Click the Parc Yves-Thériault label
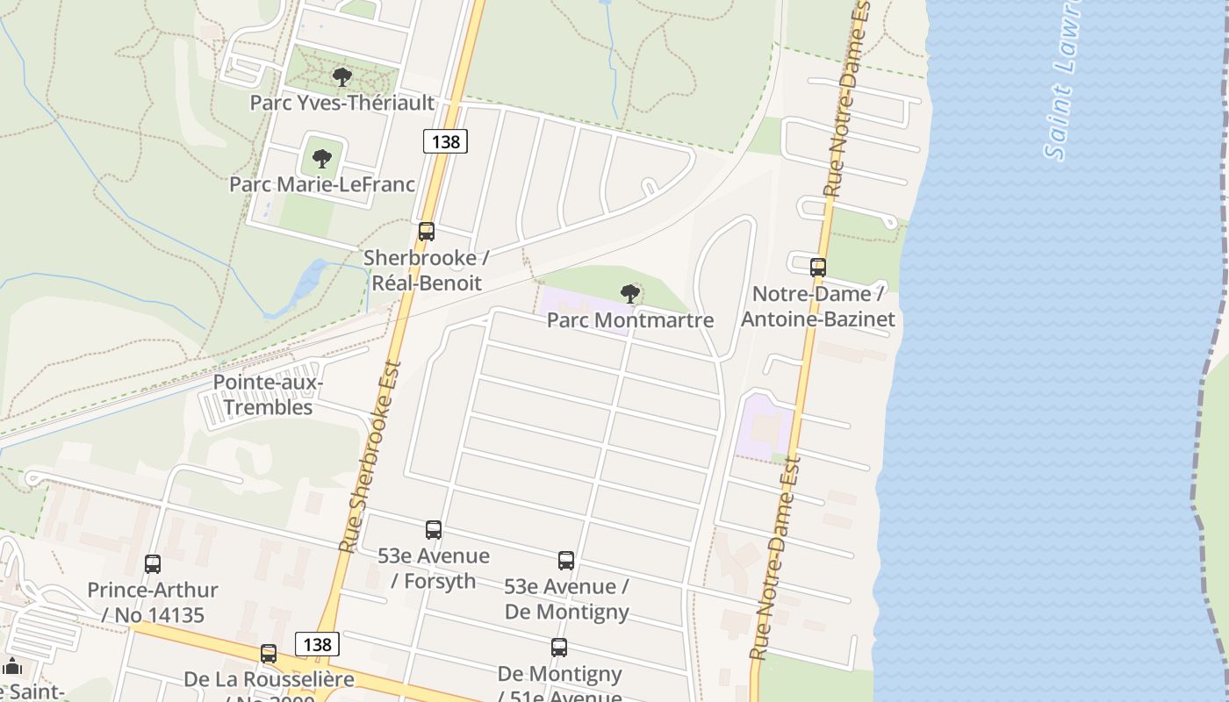[x=341, y=103]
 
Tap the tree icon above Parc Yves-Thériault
[x=342, y=77]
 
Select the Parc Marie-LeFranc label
[x=321, y=184]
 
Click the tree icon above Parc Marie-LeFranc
[x=322, y=159]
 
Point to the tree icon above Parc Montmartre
[x=629, y=294]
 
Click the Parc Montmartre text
[x=629, y=320]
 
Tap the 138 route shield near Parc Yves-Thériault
[x=445, y=140]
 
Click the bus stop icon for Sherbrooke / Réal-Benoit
[x=427, y=232]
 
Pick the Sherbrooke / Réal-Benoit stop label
[x=427, y=270]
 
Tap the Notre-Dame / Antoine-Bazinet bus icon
[x=818, y=268]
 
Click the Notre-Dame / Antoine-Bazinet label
[x=818, y=306]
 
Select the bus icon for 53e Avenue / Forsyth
[x=434, y=530]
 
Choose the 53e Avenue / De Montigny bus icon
[x=566, y=561]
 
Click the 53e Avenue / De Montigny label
[x=566, y=598]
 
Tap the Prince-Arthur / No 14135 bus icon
[x=153, y=564]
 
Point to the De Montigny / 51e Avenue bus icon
[x=559, y=648]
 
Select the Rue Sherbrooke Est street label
[x=370, y=456]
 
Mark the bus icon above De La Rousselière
[x=269, y=654]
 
